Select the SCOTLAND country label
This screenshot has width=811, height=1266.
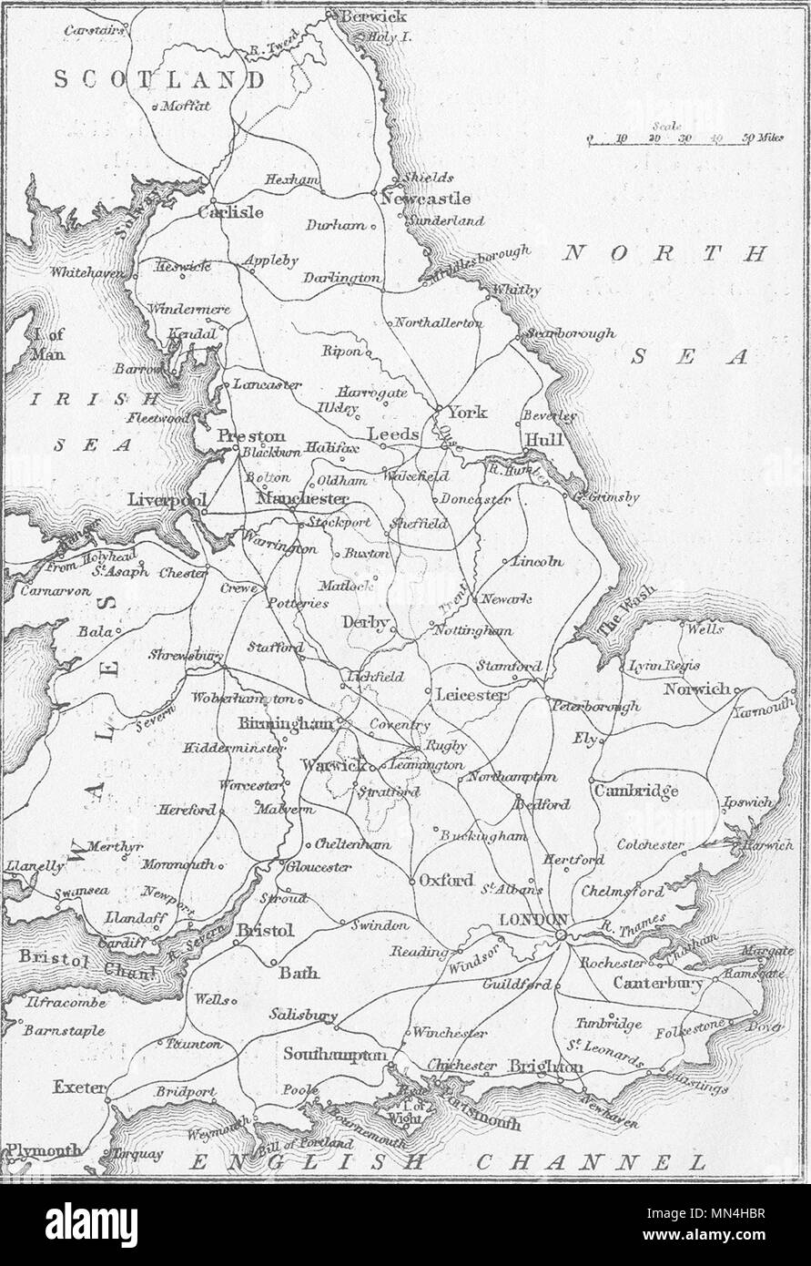coord(159,80)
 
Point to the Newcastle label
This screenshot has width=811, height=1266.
coord(426,199)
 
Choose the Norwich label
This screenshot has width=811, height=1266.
coord(696,689)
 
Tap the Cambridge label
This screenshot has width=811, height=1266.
coord(636,791)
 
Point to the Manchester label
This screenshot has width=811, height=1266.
coord(303,499)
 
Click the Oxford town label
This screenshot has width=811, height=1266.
coord(446,880)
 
